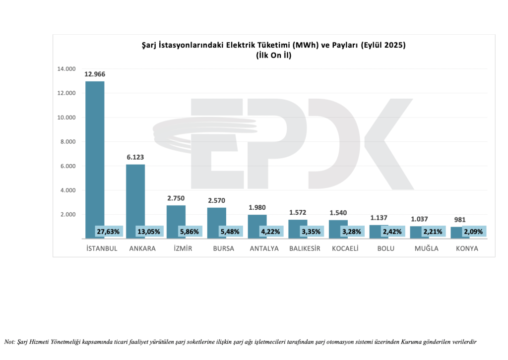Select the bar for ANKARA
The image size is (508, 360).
pos(135,193)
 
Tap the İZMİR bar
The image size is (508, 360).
pos(176,216)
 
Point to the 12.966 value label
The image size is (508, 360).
pos(95,74)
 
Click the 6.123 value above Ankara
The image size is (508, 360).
pos(135,157)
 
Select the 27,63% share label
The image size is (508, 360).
pos(108,232)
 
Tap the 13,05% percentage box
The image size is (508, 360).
pos(148,232)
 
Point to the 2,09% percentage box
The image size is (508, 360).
pos(474,232)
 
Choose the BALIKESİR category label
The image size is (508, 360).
pos(305,248)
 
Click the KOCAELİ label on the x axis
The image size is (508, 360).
pos(345,248)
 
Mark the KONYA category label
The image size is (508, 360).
pos(467,248)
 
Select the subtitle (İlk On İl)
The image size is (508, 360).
pos(273,56)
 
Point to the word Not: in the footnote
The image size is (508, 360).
pos(9,342)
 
